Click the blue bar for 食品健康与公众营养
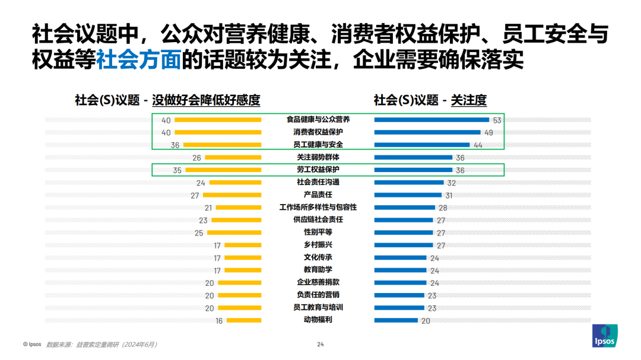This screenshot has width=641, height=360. (431, 120)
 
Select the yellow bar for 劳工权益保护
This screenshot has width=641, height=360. (223, 170)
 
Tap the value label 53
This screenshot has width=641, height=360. (497, 120)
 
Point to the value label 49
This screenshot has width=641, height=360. (488, 133)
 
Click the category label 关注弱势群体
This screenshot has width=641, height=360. (318, 158)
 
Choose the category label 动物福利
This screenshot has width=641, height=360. (318, 320)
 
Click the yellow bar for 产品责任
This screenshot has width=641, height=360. (232, 195)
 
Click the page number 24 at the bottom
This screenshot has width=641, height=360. (320, 344)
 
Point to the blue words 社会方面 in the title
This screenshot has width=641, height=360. (138, 59)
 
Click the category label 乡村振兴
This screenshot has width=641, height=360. (318, 245)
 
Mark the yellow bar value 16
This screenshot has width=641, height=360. (219, 321)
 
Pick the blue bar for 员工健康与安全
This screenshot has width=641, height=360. (422, 145)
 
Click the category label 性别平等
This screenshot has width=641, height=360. (318, 232)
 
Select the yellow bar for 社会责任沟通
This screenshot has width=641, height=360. (236, 183)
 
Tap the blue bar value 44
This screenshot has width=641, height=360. (478, 145)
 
